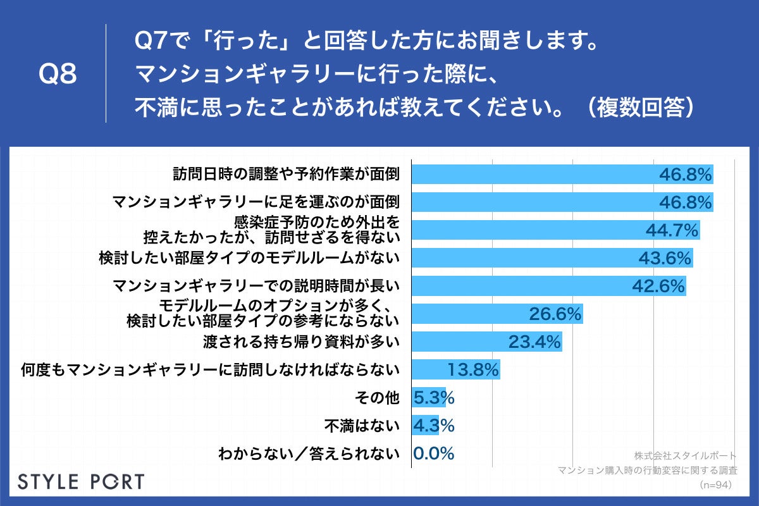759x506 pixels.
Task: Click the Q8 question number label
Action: (x=58, y=75)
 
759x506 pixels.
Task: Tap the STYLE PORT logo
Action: (x=80, y=481)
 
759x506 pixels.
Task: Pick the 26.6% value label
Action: (x=555, y=314)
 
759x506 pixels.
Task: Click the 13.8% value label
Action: (x=473, y=369)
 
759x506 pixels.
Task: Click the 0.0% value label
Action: (x=434, y=454)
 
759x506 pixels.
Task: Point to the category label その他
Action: (x=378, y=398)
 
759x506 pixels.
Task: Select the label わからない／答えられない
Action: (x=309, y=454)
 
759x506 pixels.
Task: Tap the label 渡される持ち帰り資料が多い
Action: (x=302, y=342)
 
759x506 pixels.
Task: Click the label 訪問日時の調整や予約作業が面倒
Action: (x=287, y=173)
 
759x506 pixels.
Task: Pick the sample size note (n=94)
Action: (x=716, y=484)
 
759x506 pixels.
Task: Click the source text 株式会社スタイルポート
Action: (x=685, y=455)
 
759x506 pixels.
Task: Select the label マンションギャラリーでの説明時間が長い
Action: (x=256, y=286)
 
